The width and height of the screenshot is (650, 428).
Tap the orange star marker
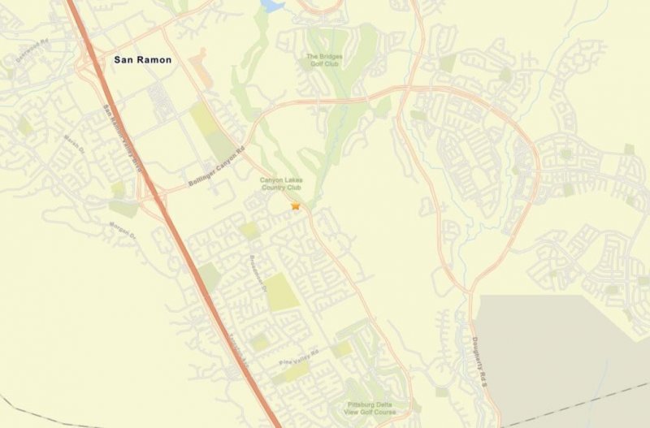[296, 207]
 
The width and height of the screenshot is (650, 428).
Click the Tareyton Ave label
[234, 352]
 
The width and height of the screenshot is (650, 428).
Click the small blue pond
[271, 6]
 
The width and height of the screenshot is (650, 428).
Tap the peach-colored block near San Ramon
[200, 66]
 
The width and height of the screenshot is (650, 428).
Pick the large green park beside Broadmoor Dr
[280, 291]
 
